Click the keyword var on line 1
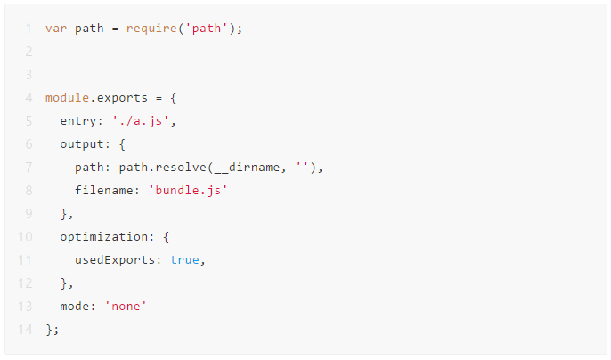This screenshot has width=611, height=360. pos(56,29)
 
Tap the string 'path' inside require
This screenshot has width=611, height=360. pos(207,29)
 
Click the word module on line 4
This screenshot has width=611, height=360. pos(68,97)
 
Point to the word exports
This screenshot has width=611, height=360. pos(122,98)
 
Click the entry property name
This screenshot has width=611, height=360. pos(78,121)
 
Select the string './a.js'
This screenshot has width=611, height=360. pos(141,121)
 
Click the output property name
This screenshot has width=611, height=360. pos(82,144)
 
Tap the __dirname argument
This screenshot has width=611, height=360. pos(247,168)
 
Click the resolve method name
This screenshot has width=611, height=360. pos(181,168)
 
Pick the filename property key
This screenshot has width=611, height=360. pos(104,191)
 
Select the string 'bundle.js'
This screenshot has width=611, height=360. pos(188,191)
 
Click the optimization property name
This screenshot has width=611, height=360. pos(104,237)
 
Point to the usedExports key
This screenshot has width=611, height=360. pos(115,260)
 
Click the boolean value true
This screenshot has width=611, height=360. pos(184,260)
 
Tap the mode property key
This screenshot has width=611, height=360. pos(75,307)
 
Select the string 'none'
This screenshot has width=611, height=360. pos(126,307)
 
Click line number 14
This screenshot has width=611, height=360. pos(25,330)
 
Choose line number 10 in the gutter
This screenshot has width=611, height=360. pos(25,237)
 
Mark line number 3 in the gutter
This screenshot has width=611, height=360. pos(29,75)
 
